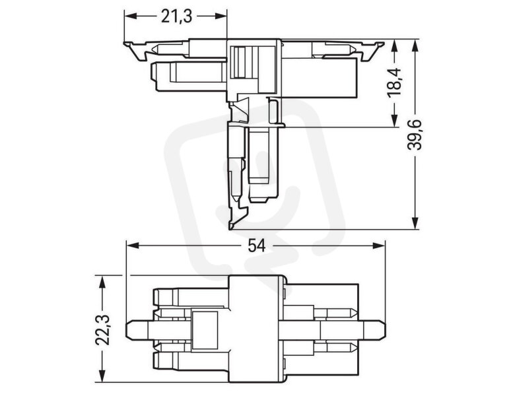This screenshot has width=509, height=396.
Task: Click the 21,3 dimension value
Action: (x=176, y=16)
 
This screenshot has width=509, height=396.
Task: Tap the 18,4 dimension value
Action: (x=394, y=81)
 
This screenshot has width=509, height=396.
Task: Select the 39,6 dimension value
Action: (x=415, y=135)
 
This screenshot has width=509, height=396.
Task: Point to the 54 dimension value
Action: (x=256, y=246)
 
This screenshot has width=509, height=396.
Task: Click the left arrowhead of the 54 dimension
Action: (x=133, y=246)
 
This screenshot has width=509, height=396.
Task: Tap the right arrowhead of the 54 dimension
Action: (x=378, y=246)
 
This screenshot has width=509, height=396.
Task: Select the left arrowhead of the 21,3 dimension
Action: (x=131, y=16)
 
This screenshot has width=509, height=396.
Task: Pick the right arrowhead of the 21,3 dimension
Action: (x=220, y=16)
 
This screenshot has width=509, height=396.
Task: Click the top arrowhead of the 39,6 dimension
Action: (x=415, y=46)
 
